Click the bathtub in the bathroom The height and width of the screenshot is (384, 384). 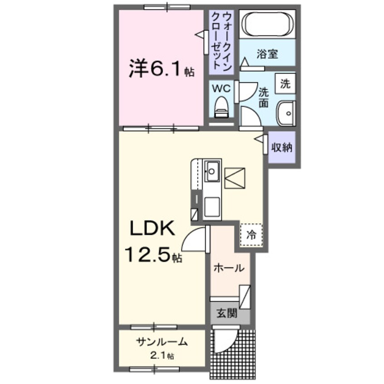267,23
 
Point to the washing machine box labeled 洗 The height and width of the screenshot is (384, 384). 286,84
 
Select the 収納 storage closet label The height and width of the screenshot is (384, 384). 281,148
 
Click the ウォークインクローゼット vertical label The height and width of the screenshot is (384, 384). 221,41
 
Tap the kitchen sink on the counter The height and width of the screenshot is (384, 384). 211,171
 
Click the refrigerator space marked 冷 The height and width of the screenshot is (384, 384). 251,235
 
